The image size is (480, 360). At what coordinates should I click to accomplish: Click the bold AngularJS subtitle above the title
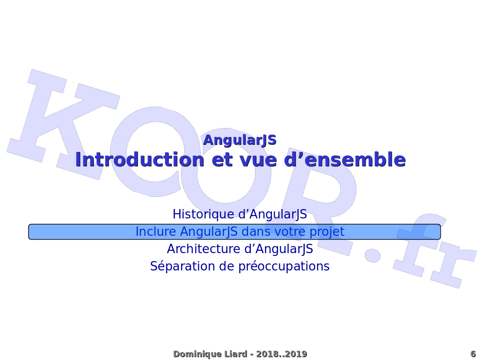pyautogui.click(x=240, y=140)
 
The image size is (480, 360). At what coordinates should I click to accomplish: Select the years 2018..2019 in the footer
pyautogui.click(x=281, y=354)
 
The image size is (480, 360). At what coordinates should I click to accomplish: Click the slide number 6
pyautogui.click(x=473, y=354)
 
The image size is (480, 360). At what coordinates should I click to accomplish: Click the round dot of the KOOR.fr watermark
pyautogui.click(x=373, y=255)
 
